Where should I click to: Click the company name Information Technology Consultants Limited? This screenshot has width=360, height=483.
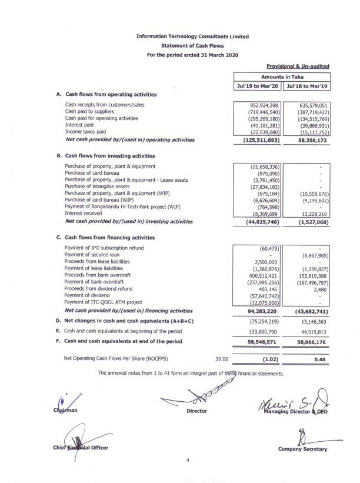tap(192, 36)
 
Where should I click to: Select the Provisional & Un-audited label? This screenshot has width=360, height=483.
tap(298, 67)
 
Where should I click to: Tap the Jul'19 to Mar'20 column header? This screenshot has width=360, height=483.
tap(258, 86)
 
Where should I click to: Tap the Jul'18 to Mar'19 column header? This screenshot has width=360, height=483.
tap(306, 86)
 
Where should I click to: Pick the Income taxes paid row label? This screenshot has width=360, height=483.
tap(85, 132)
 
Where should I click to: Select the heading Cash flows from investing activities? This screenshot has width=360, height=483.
tap(109, 156)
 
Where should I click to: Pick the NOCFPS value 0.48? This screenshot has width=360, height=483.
tap(321, 358)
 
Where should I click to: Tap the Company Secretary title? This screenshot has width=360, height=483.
tap(302, 450)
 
